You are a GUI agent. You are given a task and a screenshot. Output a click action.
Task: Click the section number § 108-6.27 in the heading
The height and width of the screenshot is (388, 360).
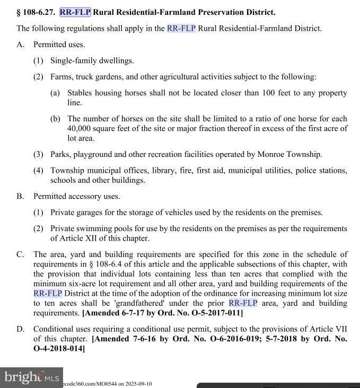(37, 12)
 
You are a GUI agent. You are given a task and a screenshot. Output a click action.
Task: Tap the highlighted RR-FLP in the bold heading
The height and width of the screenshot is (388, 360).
(75, 12)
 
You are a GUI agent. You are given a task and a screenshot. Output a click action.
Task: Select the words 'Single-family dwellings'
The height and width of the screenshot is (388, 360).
(92, 60)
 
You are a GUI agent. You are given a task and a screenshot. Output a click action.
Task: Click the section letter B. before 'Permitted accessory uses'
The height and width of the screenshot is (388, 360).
(20, 196)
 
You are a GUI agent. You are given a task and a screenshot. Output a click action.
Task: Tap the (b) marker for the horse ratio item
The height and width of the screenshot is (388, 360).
(55, 119)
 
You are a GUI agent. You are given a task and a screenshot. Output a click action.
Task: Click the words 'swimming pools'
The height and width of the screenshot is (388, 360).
(104, 228)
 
